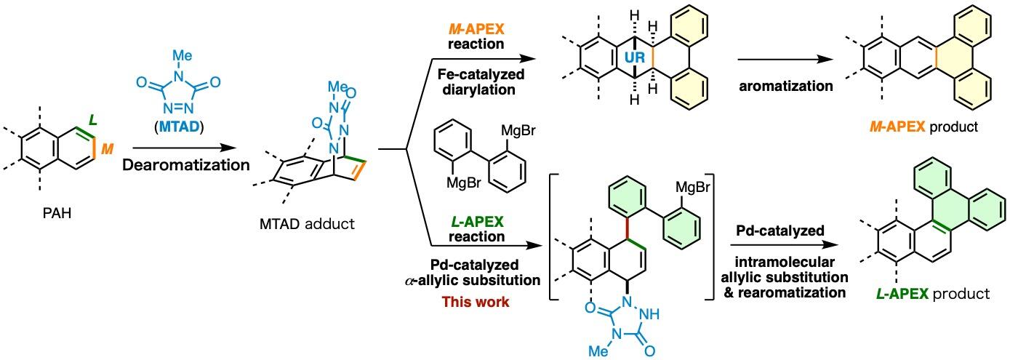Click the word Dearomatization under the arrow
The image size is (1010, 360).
185,165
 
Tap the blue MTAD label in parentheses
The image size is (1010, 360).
179,127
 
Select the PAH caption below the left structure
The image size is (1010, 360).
57,212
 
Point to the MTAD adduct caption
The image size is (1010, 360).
307,224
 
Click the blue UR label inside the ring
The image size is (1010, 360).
634,57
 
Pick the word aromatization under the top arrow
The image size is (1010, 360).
786,86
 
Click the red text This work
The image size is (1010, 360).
476,302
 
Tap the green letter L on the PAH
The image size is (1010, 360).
92,120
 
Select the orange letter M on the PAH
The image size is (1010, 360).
107,148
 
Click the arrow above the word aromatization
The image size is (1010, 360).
785,59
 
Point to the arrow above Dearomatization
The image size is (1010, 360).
185,148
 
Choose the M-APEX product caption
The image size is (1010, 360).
924,127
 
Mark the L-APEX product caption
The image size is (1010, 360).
933,294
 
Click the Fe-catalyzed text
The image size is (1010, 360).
481,74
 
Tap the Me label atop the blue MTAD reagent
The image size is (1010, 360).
183,55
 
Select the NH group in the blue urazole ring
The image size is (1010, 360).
649,314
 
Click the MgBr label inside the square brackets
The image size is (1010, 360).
692,187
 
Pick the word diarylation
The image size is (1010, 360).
479,89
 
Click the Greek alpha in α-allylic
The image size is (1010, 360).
409,281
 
